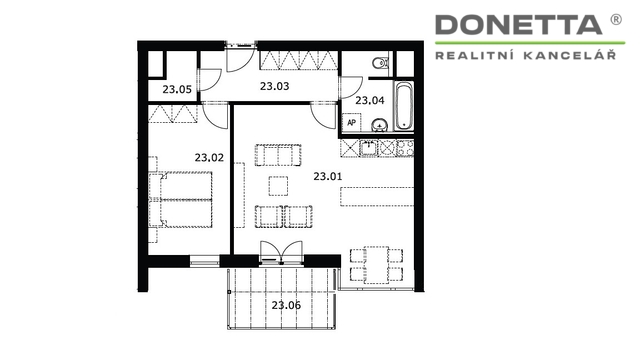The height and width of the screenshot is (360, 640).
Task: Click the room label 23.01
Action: [328, 176]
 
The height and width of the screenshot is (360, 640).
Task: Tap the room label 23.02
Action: [209, 158]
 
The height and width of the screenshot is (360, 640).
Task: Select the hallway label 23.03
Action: [274, 86]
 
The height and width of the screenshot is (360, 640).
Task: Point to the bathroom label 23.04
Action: [369, 100]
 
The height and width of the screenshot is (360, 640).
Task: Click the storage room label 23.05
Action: [177, 89]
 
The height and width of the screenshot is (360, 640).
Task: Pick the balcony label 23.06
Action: [286, 305]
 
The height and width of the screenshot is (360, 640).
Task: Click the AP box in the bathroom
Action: [351, 122]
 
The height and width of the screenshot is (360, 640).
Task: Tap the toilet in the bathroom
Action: [381, 63]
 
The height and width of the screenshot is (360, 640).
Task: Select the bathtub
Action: [404, 106]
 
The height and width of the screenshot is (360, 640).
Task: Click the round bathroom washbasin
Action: [380, 125]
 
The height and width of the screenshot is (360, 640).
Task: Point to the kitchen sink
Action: [369, 149]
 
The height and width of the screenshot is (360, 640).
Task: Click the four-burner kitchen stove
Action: [405, 148]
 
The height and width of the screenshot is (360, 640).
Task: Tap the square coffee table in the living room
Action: [278, 186]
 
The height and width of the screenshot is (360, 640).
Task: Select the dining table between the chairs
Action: [376, 264]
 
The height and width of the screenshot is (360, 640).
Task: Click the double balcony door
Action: [282, 251]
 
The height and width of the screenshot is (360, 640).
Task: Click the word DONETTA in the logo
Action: [518, 25]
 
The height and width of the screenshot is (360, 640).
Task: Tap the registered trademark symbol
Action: [616, 19]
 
